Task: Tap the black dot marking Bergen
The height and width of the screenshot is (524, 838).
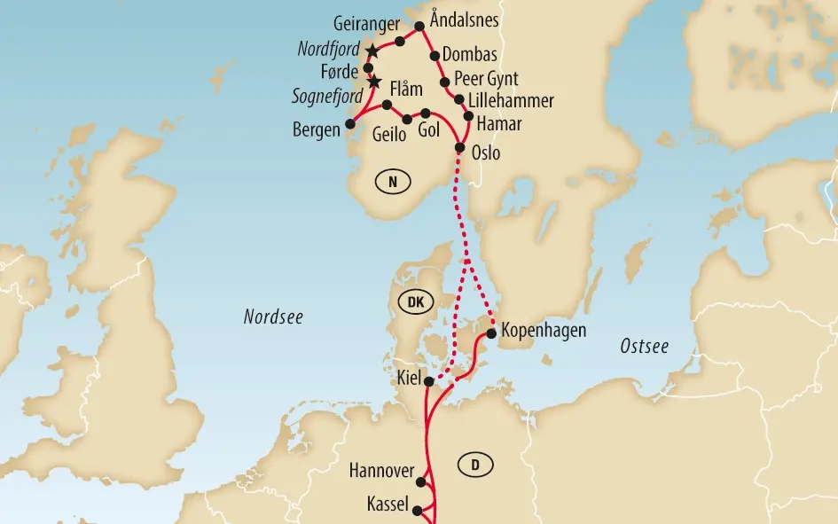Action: pyautogui.click(x=349, y=123)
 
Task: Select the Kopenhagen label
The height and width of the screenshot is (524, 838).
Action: pyautogui.click(x=544, y=331)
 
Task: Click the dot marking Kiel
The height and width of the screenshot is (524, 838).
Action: pyautogui.click(x=428, y=381)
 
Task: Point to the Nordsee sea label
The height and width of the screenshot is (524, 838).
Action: pyautogui.click(x=273, y=317)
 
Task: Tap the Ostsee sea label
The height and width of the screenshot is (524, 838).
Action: pyautogui.click(x=644, y=347)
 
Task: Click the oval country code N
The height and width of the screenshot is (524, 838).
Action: pyautogui.click(x=393, y=182)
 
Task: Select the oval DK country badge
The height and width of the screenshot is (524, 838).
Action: pyautogui.click(x=415, y=302)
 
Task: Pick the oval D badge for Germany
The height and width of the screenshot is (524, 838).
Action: pyautogui.click(x=476, y=464)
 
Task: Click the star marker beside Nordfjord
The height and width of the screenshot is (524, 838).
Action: pyautogui.click(x=372, y=51)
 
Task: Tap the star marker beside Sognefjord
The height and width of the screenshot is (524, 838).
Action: pyautogui.click(x=374, y=82)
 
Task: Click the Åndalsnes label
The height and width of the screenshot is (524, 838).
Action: pyautogui.click(x=463, y=18)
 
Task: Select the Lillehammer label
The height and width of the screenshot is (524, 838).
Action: pyautogui.click(x=514, y=100)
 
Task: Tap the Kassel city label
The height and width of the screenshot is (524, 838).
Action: pyautogui.click(x=388, y=504)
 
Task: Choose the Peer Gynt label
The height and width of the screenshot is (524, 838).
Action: pyautogui.click(x=485, y=78)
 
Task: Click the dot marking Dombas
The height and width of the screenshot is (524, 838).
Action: pyautogui.click(x=435, y=56)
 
